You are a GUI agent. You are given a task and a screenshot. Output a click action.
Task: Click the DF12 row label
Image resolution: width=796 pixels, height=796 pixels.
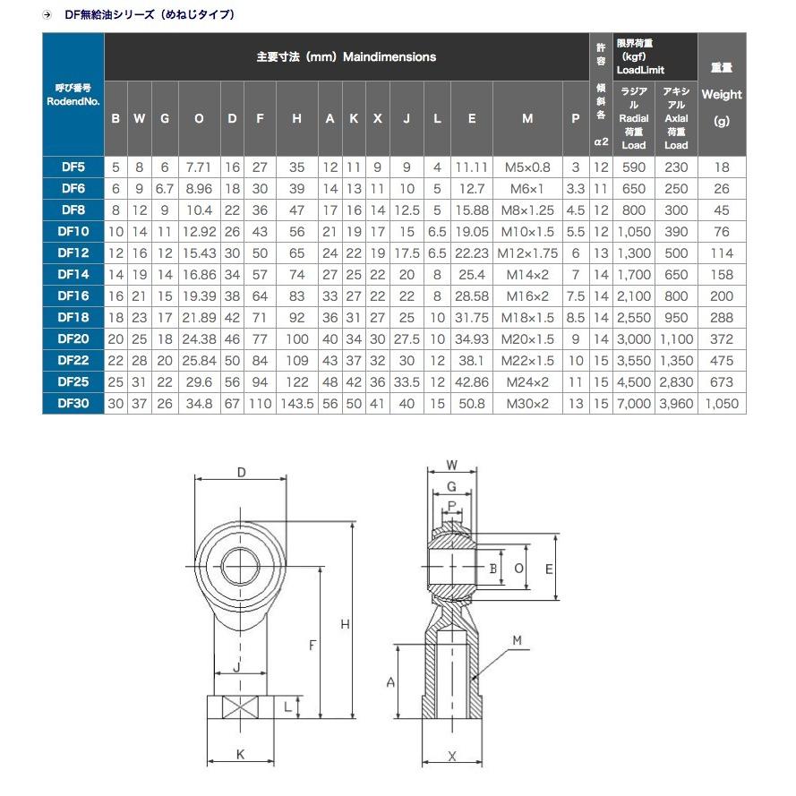(x=73, y=252)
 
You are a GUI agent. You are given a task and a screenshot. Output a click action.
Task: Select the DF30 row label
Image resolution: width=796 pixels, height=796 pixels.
(x=73, y=403)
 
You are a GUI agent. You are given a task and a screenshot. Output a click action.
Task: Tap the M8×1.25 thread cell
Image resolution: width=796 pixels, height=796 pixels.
(x=527, y=210)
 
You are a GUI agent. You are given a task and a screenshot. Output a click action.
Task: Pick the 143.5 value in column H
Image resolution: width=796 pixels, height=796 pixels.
(x=297, y=404)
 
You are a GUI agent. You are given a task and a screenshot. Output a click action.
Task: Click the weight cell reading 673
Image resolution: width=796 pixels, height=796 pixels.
(x=722, y=381)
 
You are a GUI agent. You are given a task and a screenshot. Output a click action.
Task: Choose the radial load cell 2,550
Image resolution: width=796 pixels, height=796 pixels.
(x=634, y=317)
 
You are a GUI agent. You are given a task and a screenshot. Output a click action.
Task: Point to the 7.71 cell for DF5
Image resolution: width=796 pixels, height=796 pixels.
(x=199, y=167)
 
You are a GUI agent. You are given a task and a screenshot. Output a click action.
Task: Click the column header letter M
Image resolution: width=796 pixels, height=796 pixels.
(x=527, y=118)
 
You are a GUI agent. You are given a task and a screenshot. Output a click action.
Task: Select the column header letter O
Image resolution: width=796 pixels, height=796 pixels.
(x=199, y=118)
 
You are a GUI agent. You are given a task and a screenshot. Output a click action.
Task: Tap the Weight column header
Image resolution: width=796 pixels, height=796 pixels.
(x=722, y=94)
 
